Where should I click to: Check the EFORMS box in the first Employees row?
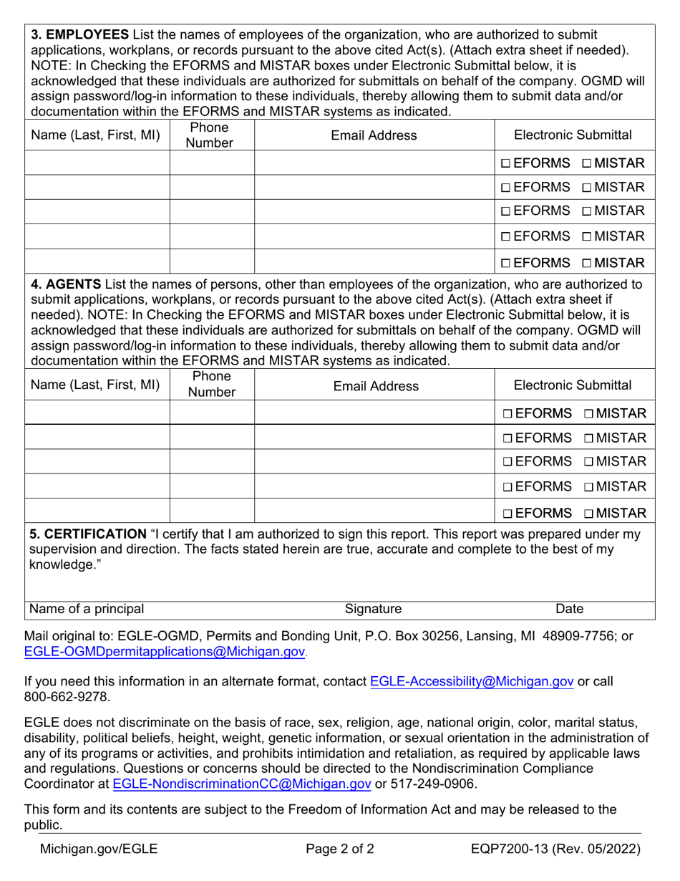tap(506, 163)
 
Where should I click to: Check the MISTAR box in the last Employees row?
tap(587, 263)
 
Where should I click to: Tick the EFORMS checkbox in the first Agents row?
tap(507, 414)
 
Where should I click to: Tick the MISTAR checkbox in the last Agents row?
tap(588, 514)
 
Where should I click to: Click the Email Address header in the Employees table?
tap(374, 135)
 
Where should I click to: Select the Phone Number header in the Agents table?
tap(211, 385)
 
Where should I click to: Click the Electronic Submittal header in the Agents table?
tap(573, 385)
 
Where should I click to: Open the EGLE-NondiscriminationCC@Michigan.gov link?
tap(242, 784)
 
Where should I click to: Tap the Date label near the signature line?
tap(570, 609)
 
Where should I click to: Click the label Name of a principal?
tap(86, 609)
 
